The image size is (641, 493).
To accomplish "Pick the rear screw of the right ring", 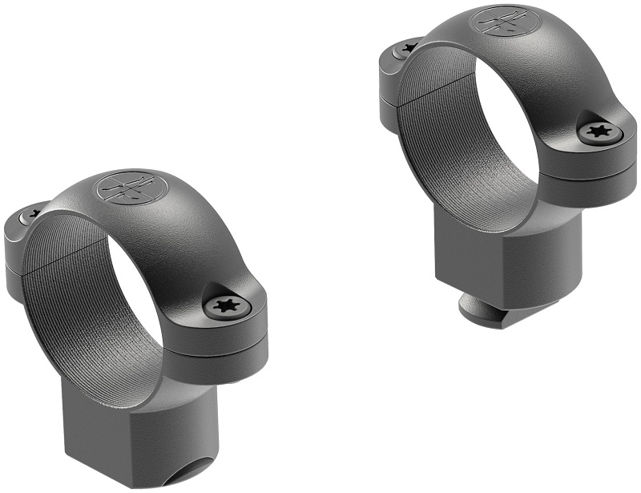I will [x=409, y=48].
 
